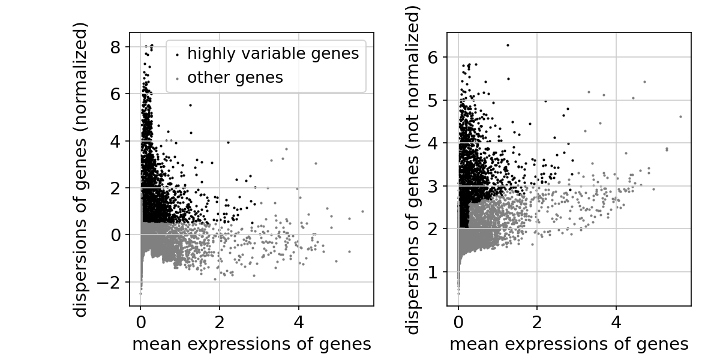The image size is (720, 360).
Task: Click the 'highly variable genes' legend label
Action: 273,54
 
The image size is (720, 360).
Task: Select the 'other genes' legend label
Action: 235,77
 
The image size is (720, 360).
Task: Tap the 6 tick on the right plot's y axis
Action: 434,57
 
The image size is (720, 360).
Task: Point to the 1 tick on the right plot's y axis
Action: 434,272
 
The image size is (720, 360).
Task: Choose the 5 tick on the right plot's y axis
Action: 434,100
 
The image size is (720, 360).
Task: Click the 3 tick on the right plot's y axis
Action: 434,186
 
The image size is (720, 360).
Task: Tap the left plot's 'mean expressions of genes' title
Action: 251,344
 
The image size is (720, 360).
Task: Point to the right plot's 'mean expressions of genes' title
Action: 569,344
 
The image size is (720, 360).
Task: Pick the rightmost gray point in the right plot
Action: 680,116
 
